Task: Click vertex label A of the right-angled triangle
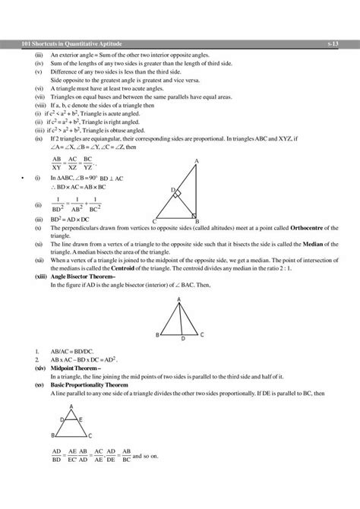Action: click(x=197, y=161)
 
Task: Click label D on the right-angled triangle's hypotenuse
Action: click(x=172, y=189)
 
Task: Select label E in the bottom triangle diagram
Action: click(x=81, y=419)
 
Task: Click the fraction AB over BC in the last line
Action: click(x=126, y=456)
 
